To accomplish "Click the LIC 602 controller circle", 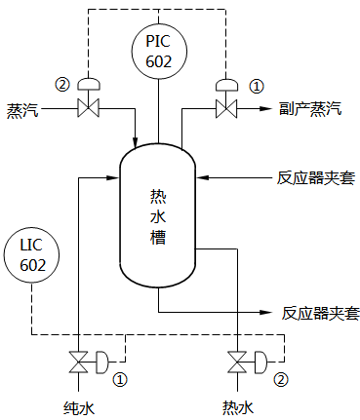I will [x=33, y=254].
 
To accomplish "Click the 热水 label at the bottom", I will [x=237, y=405].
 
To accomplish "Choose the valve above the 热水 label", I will [x=237, y=363].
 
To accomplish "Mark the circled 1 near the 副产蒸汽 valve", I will [x=257, y=85].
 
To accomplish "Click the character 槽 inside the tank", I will [x=158, y=238].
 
